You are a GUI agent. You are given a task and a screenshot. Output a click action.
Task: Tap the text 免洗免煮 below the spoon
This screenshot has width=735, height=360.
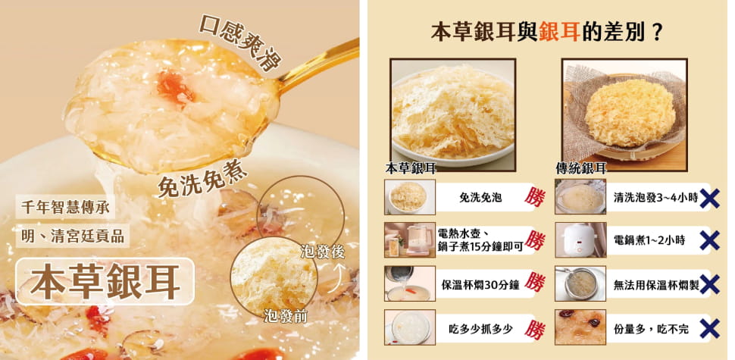pos(202,180)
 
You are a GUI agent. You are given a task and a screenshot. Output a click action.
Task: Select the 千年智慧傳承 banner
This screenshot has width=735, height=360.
pos(65,207)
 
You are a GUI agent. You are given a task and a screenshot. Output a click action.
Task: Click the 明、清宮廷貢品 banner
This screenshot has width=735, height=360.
pos(73,236)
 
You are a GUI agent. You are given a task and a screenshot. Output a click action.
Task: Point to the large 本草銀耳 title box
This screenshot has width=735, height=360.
pos(105,281)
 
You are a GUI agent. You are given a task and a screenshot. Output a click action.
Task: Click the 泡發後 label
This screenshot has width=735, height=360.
pos(322,252)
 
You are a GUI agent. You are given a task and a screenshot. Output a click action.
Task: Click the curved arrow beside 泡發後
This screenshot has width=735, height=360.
pos(336,277)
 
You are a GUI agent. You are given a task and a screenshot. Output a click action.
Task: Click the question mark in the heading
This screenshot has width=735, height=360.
pos(656,32)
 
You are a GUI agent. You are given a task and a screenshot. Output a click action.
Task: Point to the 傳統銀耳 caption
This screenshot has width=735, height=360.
pos(581,167)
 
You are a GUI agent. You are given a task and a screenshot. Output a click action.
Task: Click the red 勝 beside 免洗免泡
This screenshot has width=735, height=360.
pos(535,197)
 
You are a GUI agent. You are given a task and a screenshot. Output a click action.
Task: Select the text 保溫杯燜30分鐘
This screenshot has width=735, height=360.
pos(480,284)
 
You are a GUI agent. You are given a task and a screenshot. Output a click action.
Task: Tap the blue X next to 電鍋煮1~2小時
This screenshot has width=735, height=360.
pos(709,240)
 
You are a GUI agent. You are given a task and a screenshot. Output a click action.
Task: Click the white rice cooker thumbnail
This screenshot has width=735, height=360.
pos(580,240)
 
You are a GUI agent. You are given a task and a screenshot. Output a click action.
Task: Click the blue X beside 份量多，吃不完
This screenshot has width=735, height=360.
pos(709,328)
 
